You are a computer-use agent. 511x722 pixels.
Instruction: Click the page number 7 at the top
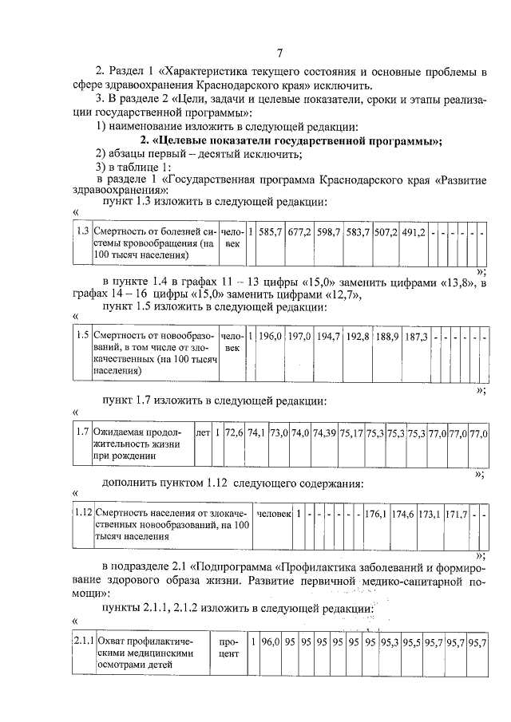279,53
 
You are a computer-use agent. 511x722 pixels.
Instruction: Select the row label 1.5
81,336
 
